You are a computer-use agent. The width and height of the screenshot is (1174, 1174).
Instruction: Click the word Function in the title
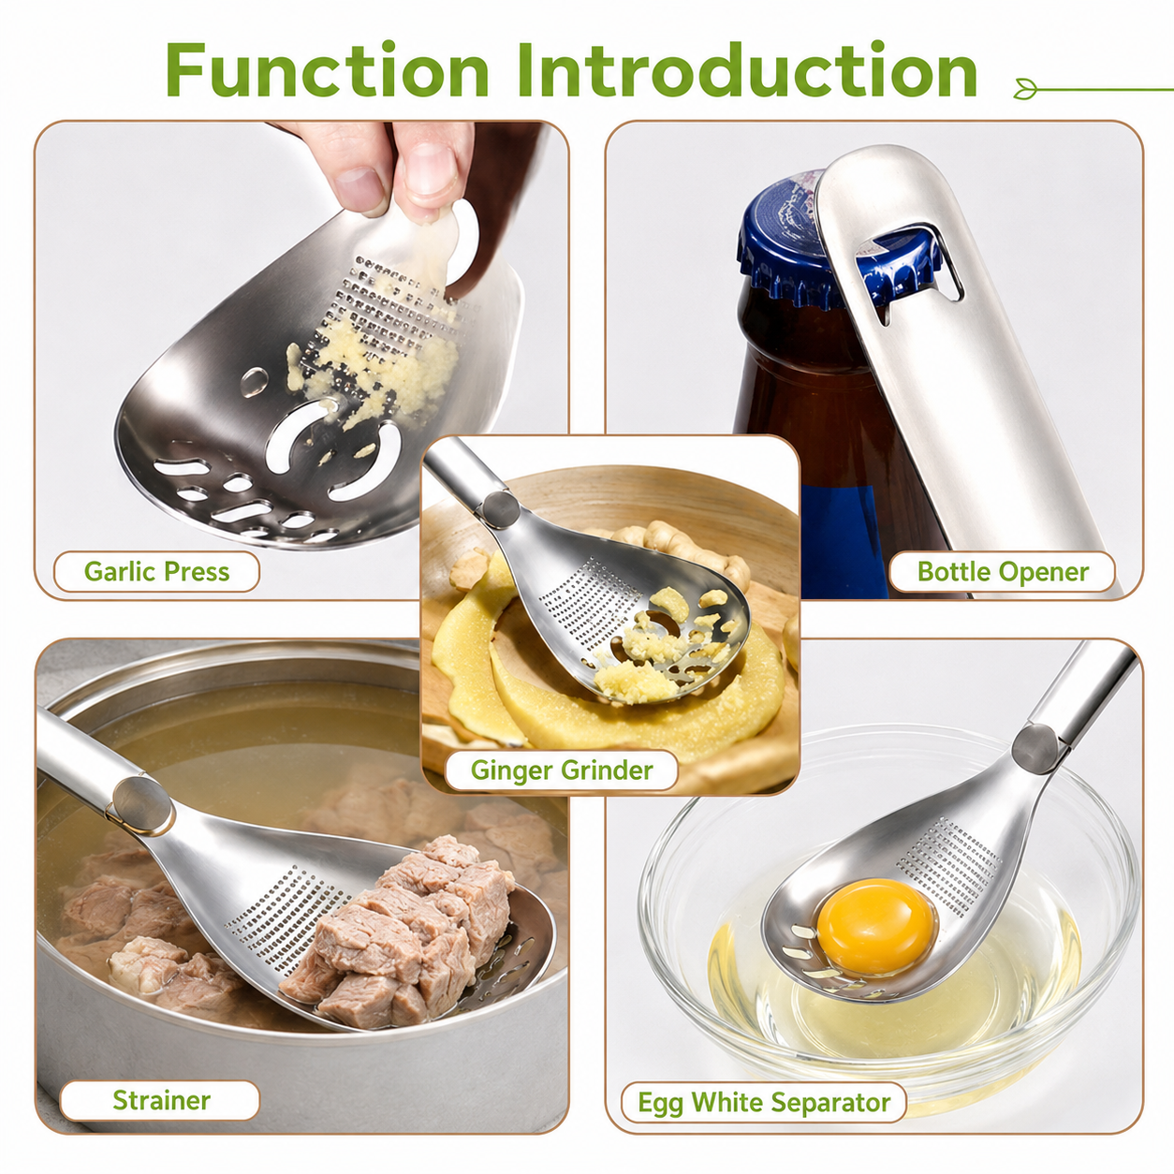327,70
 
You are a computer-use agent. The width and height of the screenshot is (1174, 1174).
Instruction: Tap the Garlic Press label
157,571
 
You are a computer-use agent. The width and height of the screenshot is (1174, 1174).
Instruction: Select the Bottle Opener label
1003,571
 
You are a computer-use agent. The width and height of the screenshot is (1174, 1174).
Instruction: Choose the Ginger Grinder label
561,770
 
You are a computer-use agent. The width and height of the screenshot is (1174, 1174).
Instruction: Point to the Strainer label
161,1100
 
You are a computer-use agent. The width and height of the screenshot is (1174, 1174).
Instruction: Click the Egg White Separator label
764,1102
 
